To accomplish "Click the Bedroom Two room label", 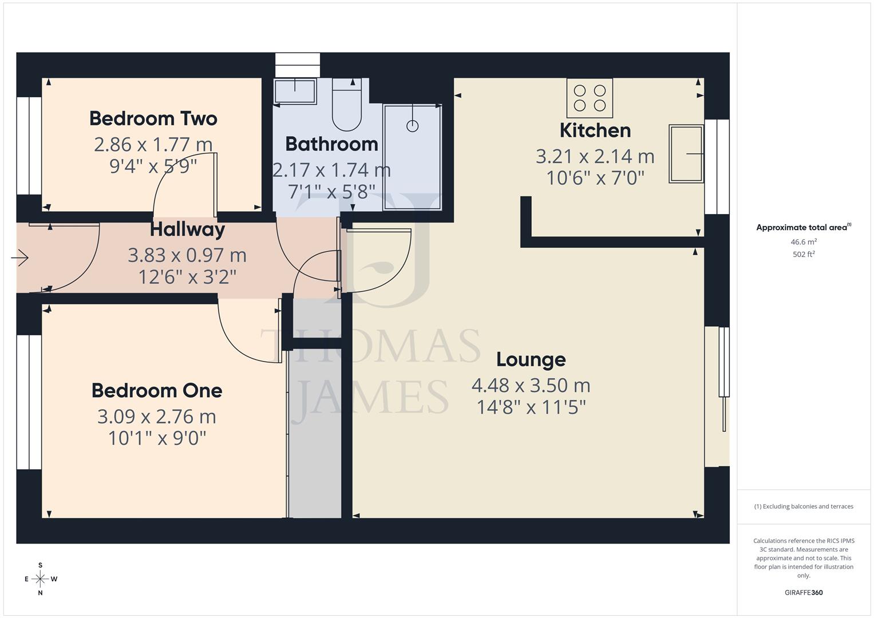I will point(153,118).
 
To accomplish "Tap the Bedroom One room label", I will point(156,390).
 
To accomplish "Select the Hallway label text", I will point(187,229).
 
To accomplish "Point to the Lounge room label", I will point(531,359).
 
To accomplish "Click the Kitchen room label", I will point(595,130).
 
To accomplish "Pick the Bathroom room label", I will point(331,144).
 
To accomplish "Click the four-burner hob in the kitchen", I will point(590,98).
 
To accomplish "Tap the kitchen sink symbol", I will point(686,154).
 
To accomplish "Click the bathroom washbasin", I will point(295,91).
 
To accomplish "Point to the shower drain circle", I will point(412,126).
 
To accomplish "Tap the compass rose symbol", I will point(40,579).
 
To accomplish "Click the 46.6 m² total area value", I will point(804,242).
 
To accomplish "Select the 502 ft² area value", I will point(804,254).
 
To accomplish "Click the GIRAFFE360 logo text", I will point(804,592).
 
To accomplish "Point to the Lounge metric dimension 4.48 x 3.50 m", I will point(531,385).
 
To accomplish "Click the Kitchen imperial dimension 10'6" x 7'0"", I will point(595,178).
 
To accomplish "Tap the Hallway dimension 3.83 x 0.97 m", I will point(187,255).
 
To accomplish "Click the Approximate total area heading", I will point(803,227).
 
